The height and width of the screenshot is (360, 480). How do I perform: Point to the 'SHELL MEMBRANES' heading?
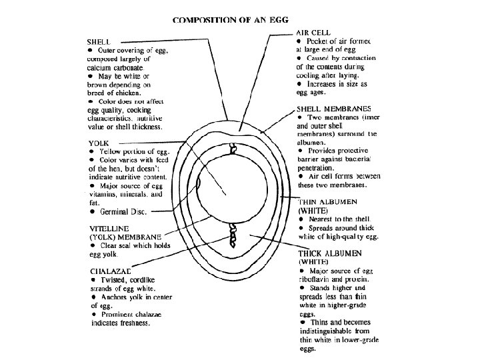pyautogui.click(x=333, y=109)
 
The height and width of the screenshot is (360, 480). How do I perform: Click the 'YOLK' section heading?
pyautogui.click(x=99, y=143)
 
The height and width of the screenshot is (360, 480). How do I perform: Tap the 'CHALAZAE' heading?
pyautogui.click(x=109, y=271)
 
